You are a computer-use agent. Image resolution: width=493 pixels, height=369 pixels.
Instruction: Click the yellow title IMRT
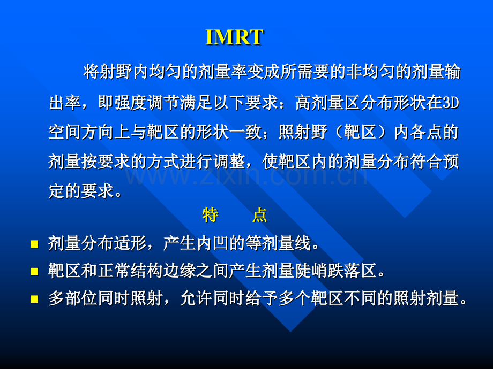coord(234,37)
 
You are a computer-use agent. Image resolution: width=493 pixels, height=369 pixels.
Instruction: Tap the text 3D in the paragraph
coord(451,103)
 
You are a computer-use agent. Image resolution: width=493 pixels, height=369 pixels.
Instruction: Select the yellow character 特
coord(211,215)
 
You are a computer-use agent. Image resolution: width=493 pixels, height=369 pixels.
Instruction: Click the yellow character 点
coord(259,215)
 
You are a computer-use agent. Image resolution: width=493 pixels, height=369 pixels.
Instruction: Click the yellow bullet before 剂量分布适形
coord(34,244)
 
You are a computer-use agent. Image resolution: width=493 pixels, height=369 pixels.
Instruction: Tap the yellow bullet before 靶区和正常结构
coord(34,271)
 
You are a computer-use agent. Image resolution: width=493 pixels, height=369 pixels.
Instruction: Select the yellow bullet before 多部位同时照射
coord(34,299)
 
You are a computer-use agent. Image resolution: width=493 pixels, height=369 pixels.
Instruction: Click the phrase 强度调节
coord(131,103)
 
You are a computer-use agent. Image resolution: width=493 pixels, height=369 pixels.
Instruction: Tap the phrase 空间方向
coord(81,132)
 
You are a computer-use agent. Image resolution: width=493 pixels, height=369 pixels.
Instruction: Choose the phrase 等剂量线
coord(278,243)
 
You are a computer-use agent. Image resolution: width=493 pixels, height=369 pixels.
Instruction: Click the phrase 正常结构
coord(131,271)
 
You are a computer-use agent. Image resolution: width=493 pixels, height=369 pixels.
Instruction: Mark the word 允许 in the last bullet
coord(196,298)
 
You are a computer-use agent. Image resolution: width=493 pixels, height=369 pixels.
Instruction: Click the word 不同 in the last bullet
coord(360,298)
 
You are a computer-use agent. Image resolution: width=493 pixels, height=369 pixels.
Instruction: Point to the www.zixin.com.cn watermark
coord(247,176)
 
